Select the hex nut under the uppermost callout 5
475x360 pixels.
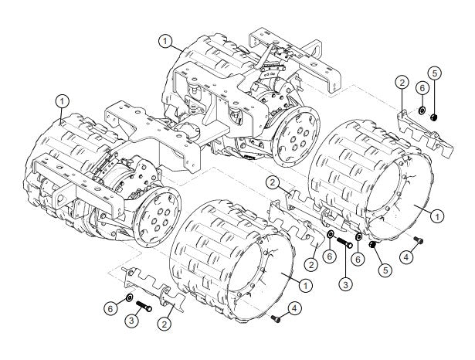coord(433,117)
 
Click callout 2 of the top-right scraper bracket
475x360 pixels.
coord(402,81)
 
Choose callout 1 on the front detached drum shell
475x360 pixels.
coord(306,285)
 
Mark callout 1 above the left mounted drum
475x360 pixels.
coord(62,100)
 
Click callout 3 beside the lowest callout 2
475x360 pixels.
coord(132,321)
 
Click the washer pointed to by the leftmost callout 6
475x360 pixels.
coord(129,297)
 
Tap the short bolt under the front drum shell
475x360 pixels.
coord(276,318)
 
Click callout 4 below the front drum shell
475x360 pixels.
coord(295,309)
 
